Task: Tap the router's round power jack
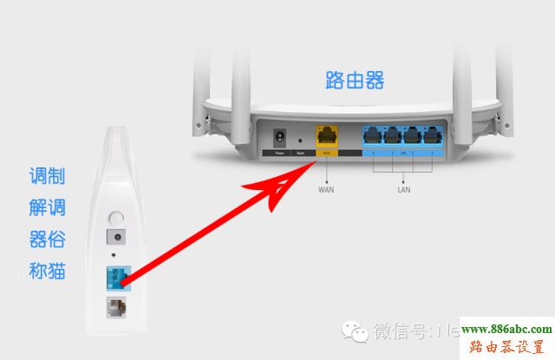(x=280, y=138)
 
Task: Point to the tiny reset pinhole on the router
(x=300, y=139)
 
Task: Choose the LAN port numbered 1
(x=431, y=136)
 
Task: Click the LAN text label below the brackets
(x=402, y=188)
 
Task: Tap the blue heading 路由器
(x=355, y=81)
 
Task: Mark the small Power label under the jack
(x=279, y=153)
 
